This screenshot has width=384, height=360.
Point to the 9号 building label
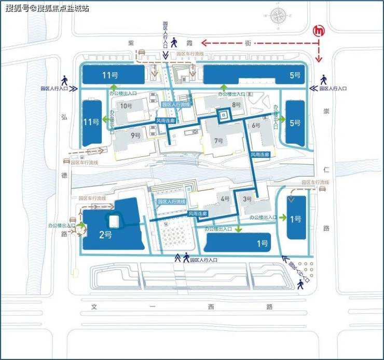tap(136, 136)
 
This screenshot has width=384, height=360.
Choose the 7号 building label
tap(218, 141)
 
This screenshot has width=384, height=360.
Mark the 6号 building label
tap(255, 125)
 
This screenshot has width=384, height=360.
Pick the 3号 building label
tap(248, 198)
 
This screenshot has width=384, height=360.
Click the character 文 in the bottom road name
tap(94, 306)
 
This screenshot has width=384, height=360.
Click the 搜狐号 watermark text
tap(17, 8)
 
